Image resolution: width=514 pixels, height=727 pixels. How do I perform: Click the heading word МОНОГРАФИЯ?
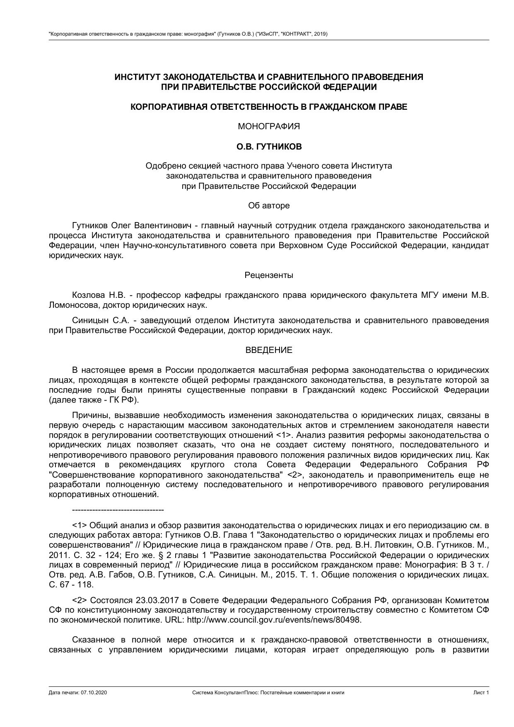269,127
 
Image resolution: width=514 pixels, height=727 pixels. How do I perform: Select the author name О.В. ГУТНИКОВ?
269,147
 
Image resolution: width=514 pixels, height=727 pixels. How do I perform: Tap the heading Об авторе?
269,205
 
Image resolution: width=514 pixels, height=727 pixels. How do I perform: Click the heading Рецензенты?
269,275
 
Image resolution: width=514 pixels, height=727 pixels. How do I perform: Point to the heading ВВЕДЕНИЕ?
269,350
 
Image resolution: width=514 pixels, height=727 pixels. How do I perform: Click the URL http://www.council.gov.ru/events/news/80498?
274,620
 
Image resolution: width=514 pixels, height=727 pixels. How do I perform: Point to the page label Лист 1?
481,693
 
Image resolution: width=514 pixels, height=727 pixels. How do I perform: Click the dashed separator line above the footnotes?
118,510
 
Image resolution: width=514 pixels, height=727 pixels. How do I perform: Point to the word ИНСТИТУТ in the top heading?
137,77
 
